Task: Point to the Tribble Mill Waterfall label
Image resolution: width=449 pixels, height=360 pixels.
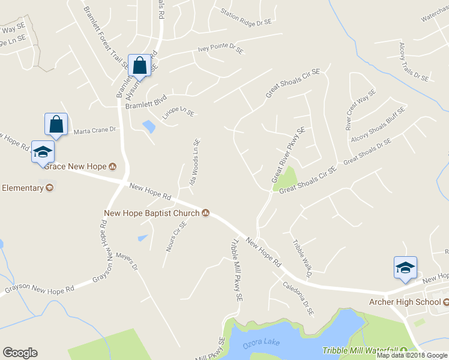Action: (x=360, y=351)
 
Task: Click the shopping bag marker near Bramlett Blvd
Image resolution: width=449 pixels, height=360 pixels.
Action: (x=139, y=66)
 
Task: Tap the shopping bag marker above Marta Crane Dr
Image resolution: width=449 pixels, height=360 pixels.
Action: (x=56, y=124)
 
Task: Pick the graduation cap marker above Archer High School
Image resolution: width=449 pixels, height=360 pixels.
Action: (x=405, y=268)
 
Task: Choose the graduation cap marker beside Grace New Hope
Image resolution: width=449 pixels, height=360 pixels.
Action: (x=43, y=151)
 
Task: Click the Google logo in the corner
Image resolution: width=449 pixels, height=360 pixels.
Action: (x=20, y=353)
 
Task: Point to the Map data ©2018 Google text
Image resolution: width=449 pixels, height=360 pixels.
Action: (x=412, y=355)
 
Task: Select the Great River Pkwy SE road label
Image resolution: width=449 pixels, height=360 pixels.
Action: (x=289, y=155)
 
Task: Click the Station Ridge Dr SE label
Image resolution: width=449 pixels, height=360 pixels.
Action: (x=246, y=16)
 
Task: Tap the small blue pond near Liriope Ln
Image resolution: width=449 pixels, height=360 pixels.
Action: (x=148, y=127)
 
